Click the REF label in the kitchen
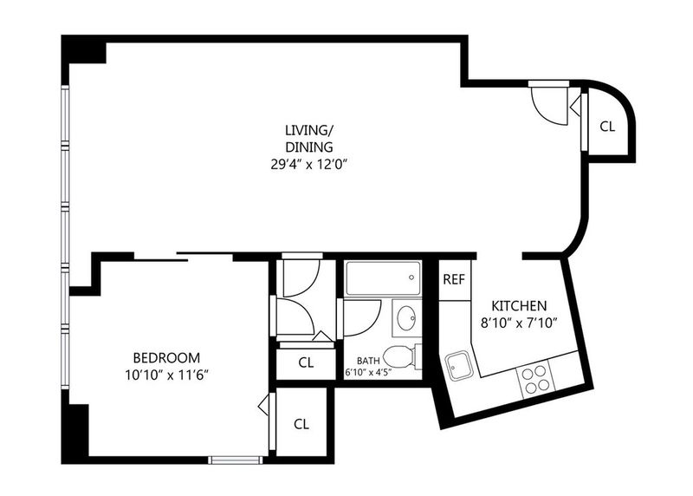[x=454, y=279]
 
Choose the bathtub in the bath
[x=383, y=278]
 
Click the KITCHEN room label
[x=519, y=306]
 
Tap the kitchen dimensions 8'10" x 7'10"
[x=518, y=323]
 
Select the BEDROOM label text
[x=166, y=357]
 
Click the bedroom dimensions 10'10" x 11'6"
[x=166, y=375]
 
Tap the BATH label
[x=367, y=361]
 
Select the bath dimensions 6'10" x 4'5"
[x=368, y=372]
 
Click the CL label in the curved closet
[x=607, y=127]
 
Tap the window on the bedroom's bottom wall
[x=235, y=460]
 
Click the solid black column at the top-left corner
[x=84, y=49]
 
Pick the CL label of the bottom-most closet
[x=301, y=424]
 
